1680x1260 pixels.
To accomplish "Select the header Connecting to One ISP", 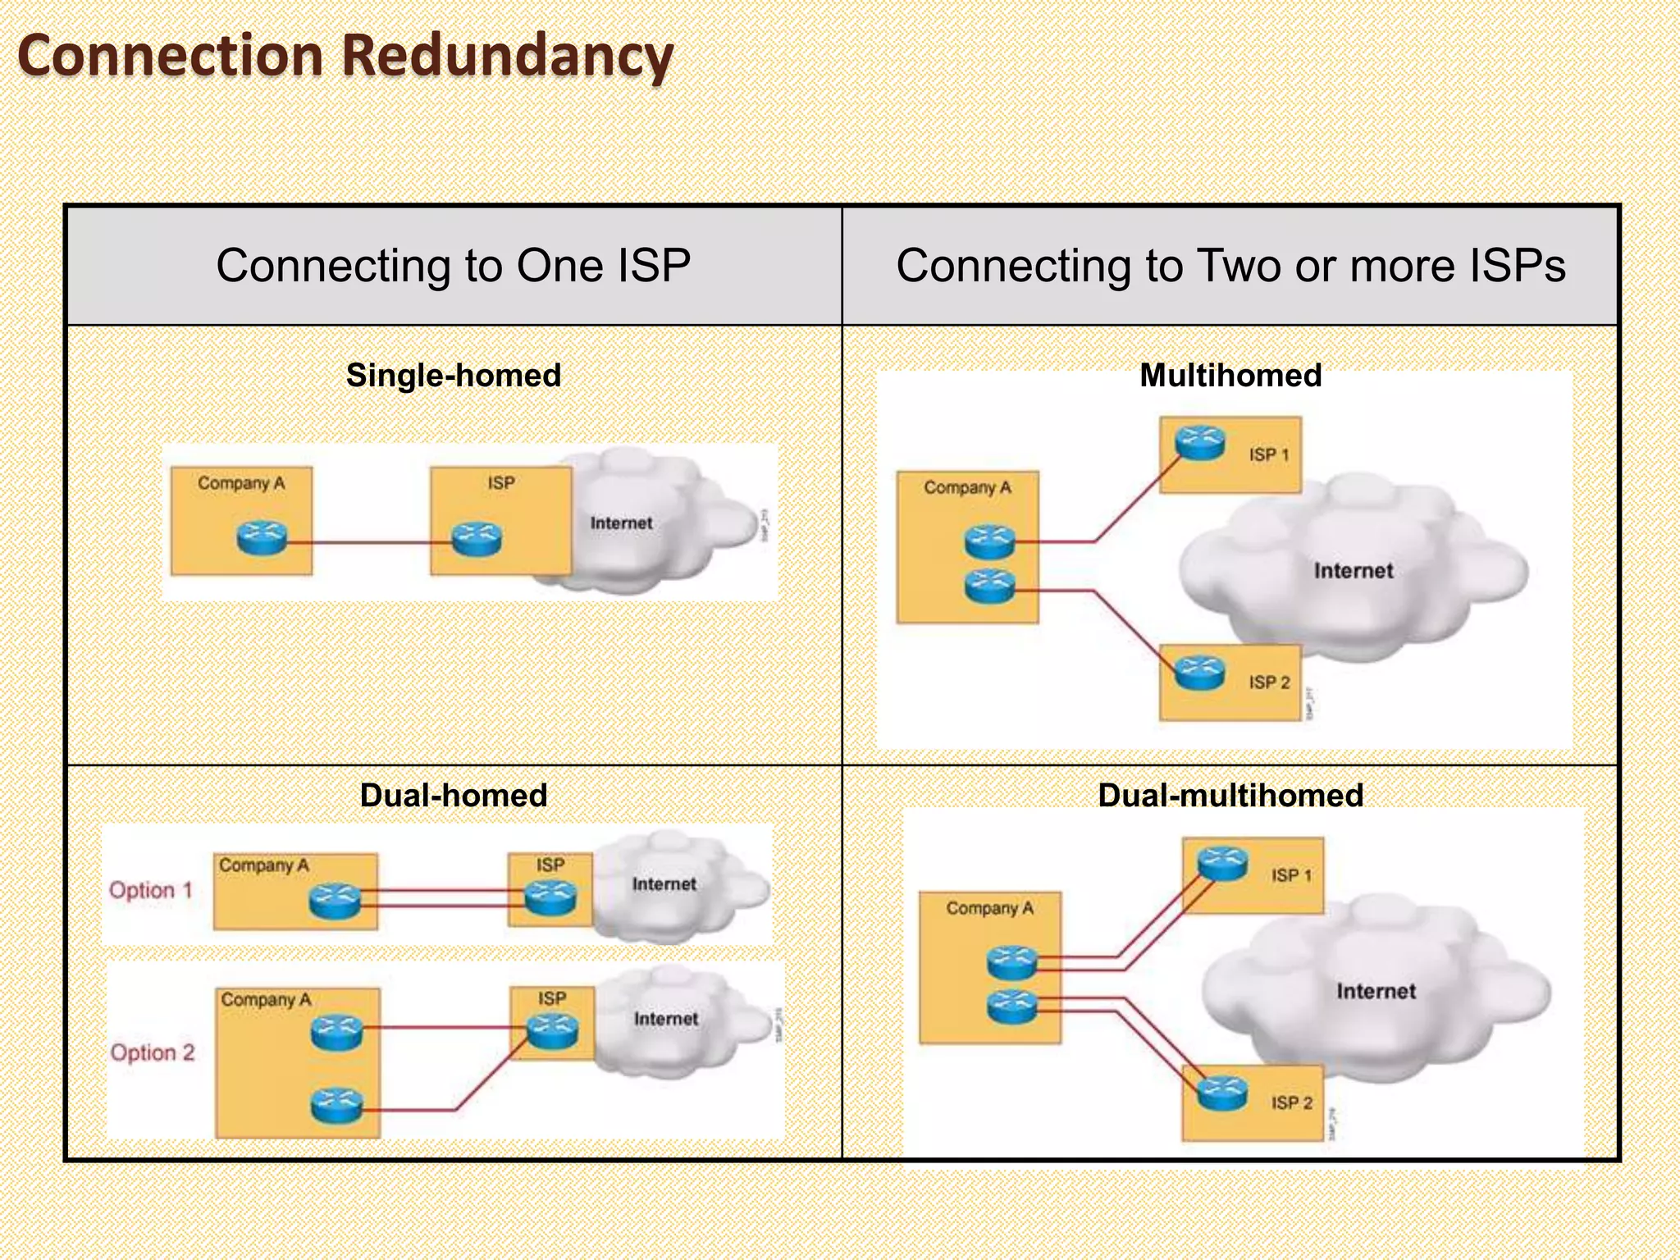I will pos(453,266).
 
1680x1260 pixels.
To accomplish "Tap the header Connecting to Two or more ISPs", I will pos(1230,266).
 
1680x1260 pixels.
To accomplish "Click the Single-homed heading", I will pos(453,375).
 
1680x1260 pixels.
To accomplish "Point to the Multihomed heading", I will pos(1230,375).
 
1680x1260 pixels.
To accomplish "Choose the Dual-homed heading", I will pos(453,795).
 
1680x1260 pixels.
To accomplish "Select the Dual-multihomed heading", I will pos(1230,795).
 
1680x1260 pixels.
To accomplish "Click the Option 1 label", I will pos(151,890).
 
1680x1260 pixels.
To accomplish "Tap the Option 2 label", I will pos(153,1052).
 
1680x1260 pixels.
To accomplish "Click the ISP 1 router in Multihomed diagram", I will pos(1199,443).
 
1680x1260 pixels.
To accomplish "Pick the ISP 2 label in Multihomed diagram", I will pos(1269,682).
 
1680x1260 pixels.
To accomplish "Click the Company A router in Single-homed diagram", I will pos(262,538).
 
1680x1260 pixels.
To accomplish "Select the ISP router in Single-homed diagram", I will pos(477,538).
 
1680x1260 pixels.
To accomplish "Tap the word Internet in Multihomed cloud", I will pos(1353,571).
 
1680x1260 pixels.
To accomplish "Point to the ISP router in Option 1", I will pos(550,897).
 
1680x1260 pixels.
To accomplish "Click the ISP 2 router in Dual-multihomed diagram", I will pos(1222,1093).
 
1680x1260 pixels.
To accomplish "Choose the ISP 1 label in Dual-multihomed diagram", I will pos(1291,875).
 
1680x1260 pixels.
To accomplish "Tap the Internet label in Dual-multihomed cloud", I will pos(1376,991).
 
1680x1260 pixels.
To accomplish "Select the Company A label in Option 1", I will pos(264,865).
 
